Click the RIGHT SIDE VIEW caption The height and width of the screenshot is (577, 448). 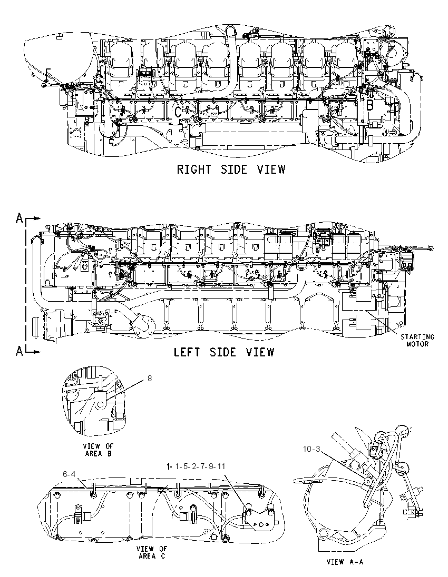[x=231, y=170]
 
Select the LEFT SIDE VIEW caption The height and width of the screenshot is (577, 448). [x=224, y=352]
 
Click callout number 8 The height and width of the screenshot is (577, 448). [x=150, y=378]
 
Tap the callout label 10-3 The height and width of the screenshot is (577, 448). [x=311, y=449]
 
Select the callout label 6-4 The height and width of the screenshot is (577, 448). [x=69, y=474]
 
